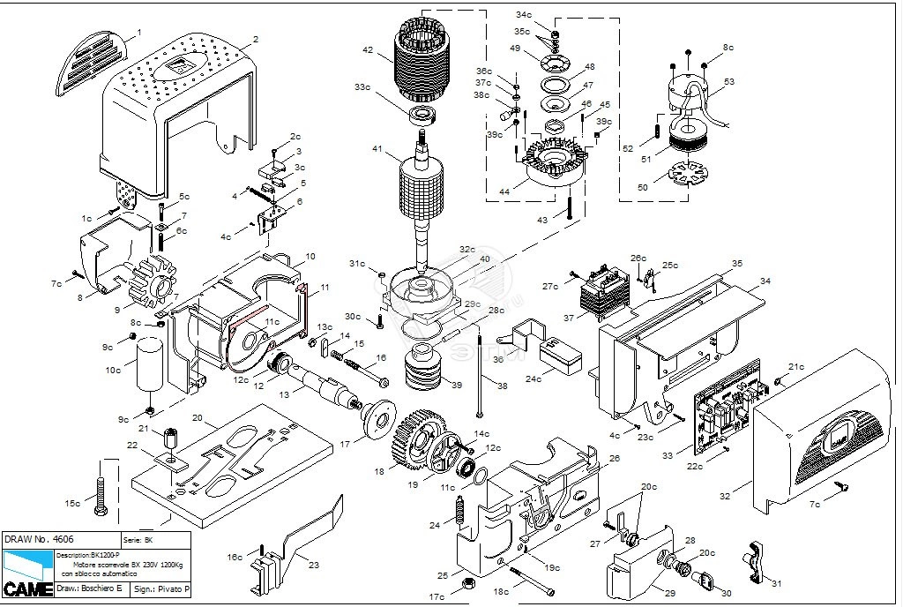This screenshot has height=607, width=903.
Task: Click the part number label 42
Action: click(x=368, y=51)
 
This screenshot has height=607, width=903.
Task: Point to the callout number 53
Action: click(x=728, y=82)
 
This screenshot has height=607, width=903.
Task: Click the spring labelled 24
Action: click(x=459, y=512)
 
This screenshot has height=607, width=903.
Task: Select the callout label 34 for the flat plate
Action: click(x=765, y=281)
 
